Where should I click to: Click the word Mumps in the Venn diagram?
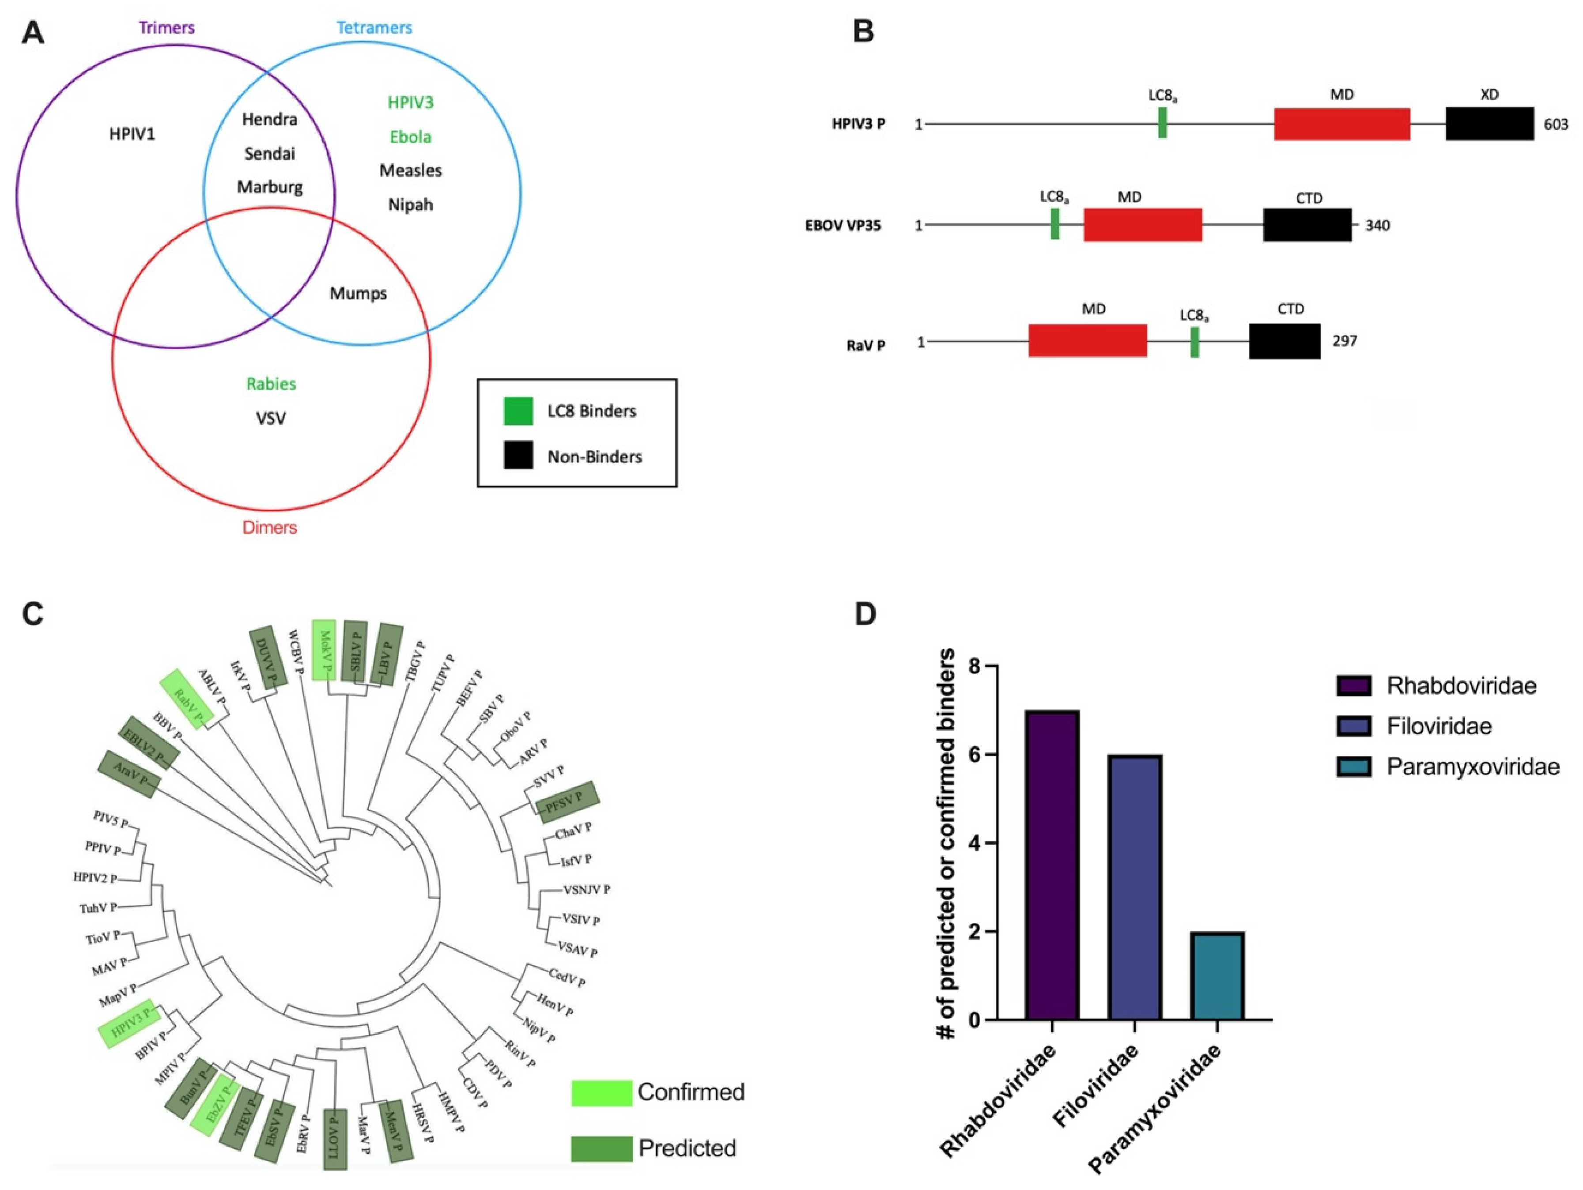click(x=358, y=293)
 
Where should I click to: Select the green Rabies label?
click(x=271, y=384)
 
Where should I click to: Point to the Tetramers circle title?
click(x=374, y=28)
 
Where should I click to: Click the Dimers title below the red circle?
click(x=270, y=527)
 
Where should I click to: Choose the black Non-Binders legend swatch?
click(x=518, y=456)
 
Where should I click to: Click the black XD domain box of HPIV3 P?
click(x=1489, y=124)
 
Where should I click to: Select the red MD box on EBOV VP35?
click(x=1142, y=225)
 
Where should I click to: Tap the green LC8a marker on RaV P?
click(x=1194, y=342)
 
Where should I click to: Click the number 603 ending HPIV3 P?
click(x=1556, y=125)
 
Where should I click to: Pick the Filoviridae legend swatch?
click(x=1353, y=726)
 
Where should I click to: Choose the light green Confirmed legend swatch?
click(x=601, y=1093)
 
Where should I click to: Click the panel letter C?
click(x=33, y=614)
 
